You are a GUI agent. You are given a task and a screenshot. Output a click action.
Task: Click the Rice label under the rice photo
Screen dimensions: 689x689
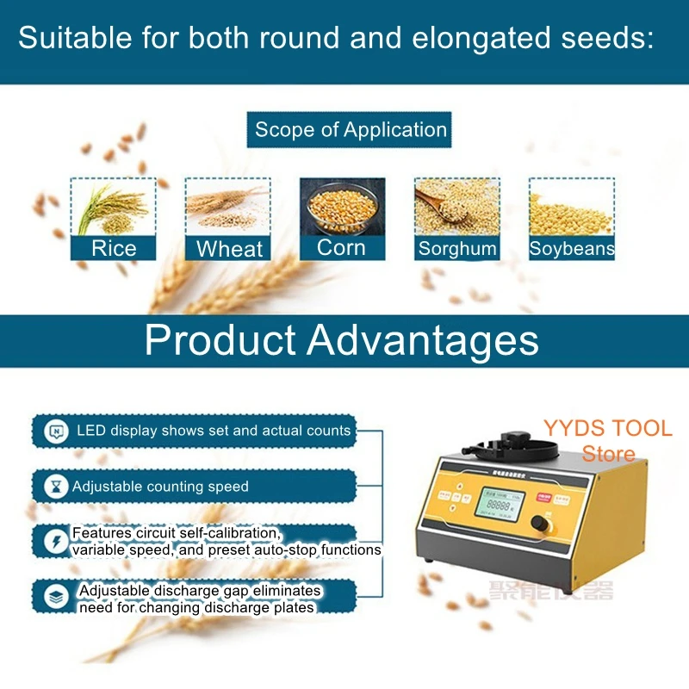click(114, 249)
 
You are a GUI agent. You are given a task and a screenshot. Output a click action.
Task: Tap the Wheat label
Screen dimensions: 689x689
click(229, 250)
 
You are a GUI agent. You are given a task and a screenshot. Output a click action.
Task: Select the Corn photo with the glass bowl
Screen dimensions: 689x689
click(342, 208)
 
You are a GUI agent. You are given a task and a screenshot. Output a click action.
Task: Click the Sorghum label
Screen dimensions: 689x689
click(457, 249)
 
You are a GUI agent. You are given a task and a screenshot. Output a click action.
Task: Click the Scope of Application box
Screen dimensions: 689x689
click(351, 130)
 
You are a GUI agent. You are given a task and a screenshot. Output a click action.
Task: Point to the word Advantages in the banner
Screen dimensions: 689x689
click(422, 340)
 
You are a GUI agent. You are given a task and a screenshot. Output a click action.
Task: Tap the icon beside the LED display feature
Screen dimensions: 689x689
click(57, 431)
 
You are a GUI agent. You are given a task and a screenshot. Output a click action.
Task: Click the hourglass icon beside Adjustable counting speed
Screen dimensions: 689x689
click(57, 487)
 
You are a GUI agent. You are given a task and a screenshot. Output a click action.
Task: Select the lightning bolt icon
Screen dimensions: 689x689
click(57, 542)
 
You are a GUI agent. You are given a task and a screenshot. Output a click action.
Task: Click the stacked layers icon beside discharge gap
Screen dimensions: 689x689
click(57, 597)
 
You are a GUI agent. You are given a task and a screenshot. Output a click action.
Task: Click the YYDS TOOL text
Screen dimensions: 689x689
click(607, 429)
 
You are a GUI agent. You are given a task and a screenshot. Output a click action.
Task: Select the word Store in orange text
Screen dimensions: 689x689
click(608, 454)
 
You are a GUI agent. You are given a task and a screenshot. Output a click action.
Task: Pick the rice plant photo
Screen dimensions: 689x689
click(114, 207)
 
